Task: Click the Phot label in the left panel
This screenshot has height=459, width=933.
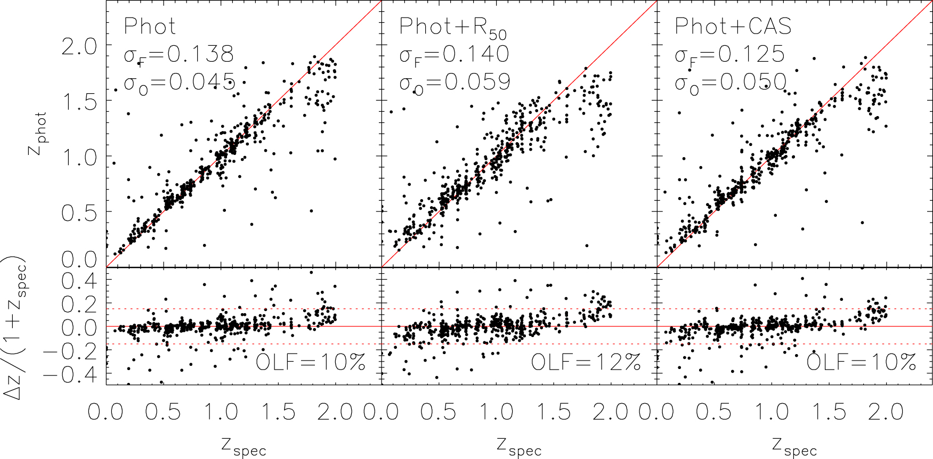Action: point(150,27)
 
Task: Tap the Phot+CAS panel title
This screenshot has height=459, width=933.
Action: point(733,27)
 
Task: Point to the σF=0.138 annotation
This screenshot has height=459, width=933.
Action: point(179,55)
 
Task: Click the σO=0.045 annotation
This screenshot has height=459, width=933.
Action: point(180,83)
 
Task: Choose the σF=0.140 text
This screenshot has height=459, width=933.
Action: point(455,55)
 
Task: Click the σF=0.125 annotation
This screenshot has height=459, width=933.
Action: point(730,55)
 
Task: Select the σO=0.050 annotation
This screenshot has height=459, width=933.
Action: point(731,83)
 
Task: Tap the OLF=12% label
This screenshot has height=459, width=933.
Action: point(586,363)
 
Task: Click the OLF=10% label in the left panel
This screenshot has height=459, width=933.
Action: point(311,363)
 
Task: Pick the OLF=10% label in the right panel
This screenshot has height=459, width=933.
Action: point(861,363)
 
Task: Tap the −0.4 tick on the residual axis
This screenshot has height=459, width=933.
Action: point(70,374)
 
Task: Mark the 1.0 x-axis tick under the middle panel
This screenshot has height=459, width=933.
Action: point(497,412)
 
